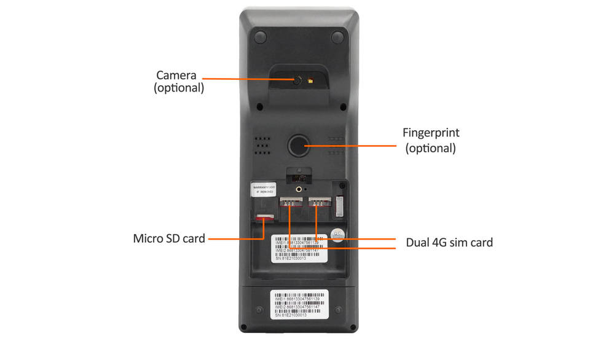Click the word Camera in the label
click(176, 76)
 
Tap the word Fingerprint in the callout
click(430, 133)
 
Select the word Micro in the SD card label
click(149, 238)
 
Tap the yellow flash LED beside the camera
click(311, 80)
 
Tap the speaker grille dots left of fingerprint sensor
click(262, 145)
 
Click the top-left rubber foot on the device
click(259, 37)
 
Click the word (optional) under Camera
click(179, 88)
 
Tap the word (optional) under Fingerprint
click(430, 148)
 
